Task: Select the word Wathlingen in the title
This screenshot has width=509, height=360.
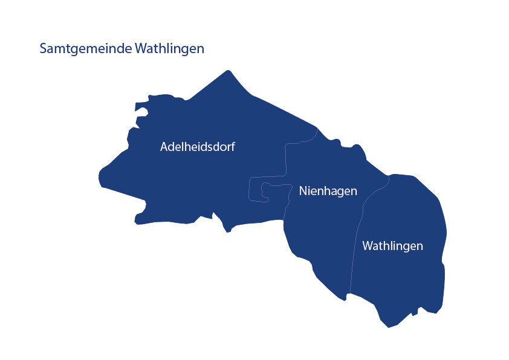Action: (170, 49)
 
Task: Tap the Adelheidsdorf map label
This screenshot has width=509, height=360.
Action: (197, 147)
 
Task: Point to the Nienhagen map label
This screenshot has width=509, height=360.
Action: (328, 191)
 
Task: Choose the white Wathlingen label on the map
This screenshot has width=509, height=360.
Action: (392, 246)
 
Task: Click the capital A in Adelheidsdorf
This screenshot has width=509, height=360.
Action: (164, 147)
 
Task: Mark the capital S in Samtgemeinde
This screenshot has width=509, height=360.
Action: (43, 49)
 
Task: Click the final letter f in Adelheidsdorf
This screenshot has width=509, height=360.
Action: (233, 146)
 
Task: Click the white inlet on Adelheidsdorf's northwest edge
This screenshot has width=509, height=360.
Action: (141, 112)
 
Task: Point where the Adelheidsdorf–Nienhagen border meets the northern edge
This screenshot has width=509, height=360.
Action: (317, 128)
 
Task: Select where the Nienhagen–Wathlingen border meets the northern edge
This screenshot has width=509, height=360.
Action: (389, 176)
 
